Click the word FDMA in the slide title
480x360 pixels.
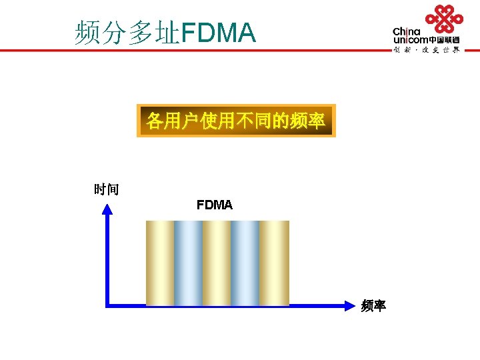click(x=218, y=33)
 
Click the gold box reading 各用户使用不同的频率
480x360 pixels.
click(x=236, y=121)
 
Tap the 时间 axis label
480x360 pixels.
click(x=107, y=190)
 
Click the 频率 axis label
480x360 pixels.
click(x=373, y=306)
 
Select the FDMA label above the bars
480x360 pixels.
click(x=215, y=205)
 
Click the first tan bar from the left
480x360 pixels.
click(x=159, y=263)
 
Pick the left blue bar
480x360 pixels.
click(x=188, y=263)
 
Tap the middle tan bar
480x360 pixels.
click(x=217, y=263)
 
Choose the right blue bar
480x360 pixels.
click(x=245, y=263)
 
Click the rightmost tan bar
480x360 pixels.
click(x=274, y=263)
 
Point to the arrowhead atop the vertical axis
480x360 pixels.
click(x=107, y=209)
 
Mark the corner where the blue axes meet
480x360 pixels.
click(x=107, y=305)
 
